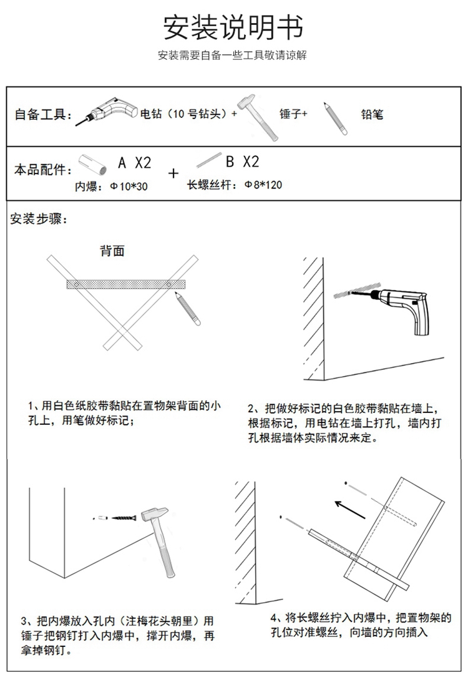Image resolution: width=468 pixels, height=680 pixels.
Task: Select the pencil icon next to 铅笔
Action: coord(335,117)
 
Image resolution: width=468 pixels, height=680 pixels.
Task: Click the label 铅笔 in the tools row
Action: coord(373,114)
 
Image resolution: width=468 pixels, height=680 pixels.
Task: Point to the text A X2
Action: coord(135,163)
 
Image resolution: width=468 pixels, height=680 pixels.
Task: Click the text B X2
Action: coord(242,162)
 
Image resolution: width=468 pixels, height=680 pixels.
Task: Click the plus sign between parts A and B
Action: coord(173,173)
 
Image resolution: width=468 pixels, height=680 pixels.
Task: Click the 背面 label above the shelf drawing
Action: coord(112,251)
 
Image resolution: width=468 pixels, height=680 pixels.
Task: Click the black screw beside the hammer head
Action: coord(125,517)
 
